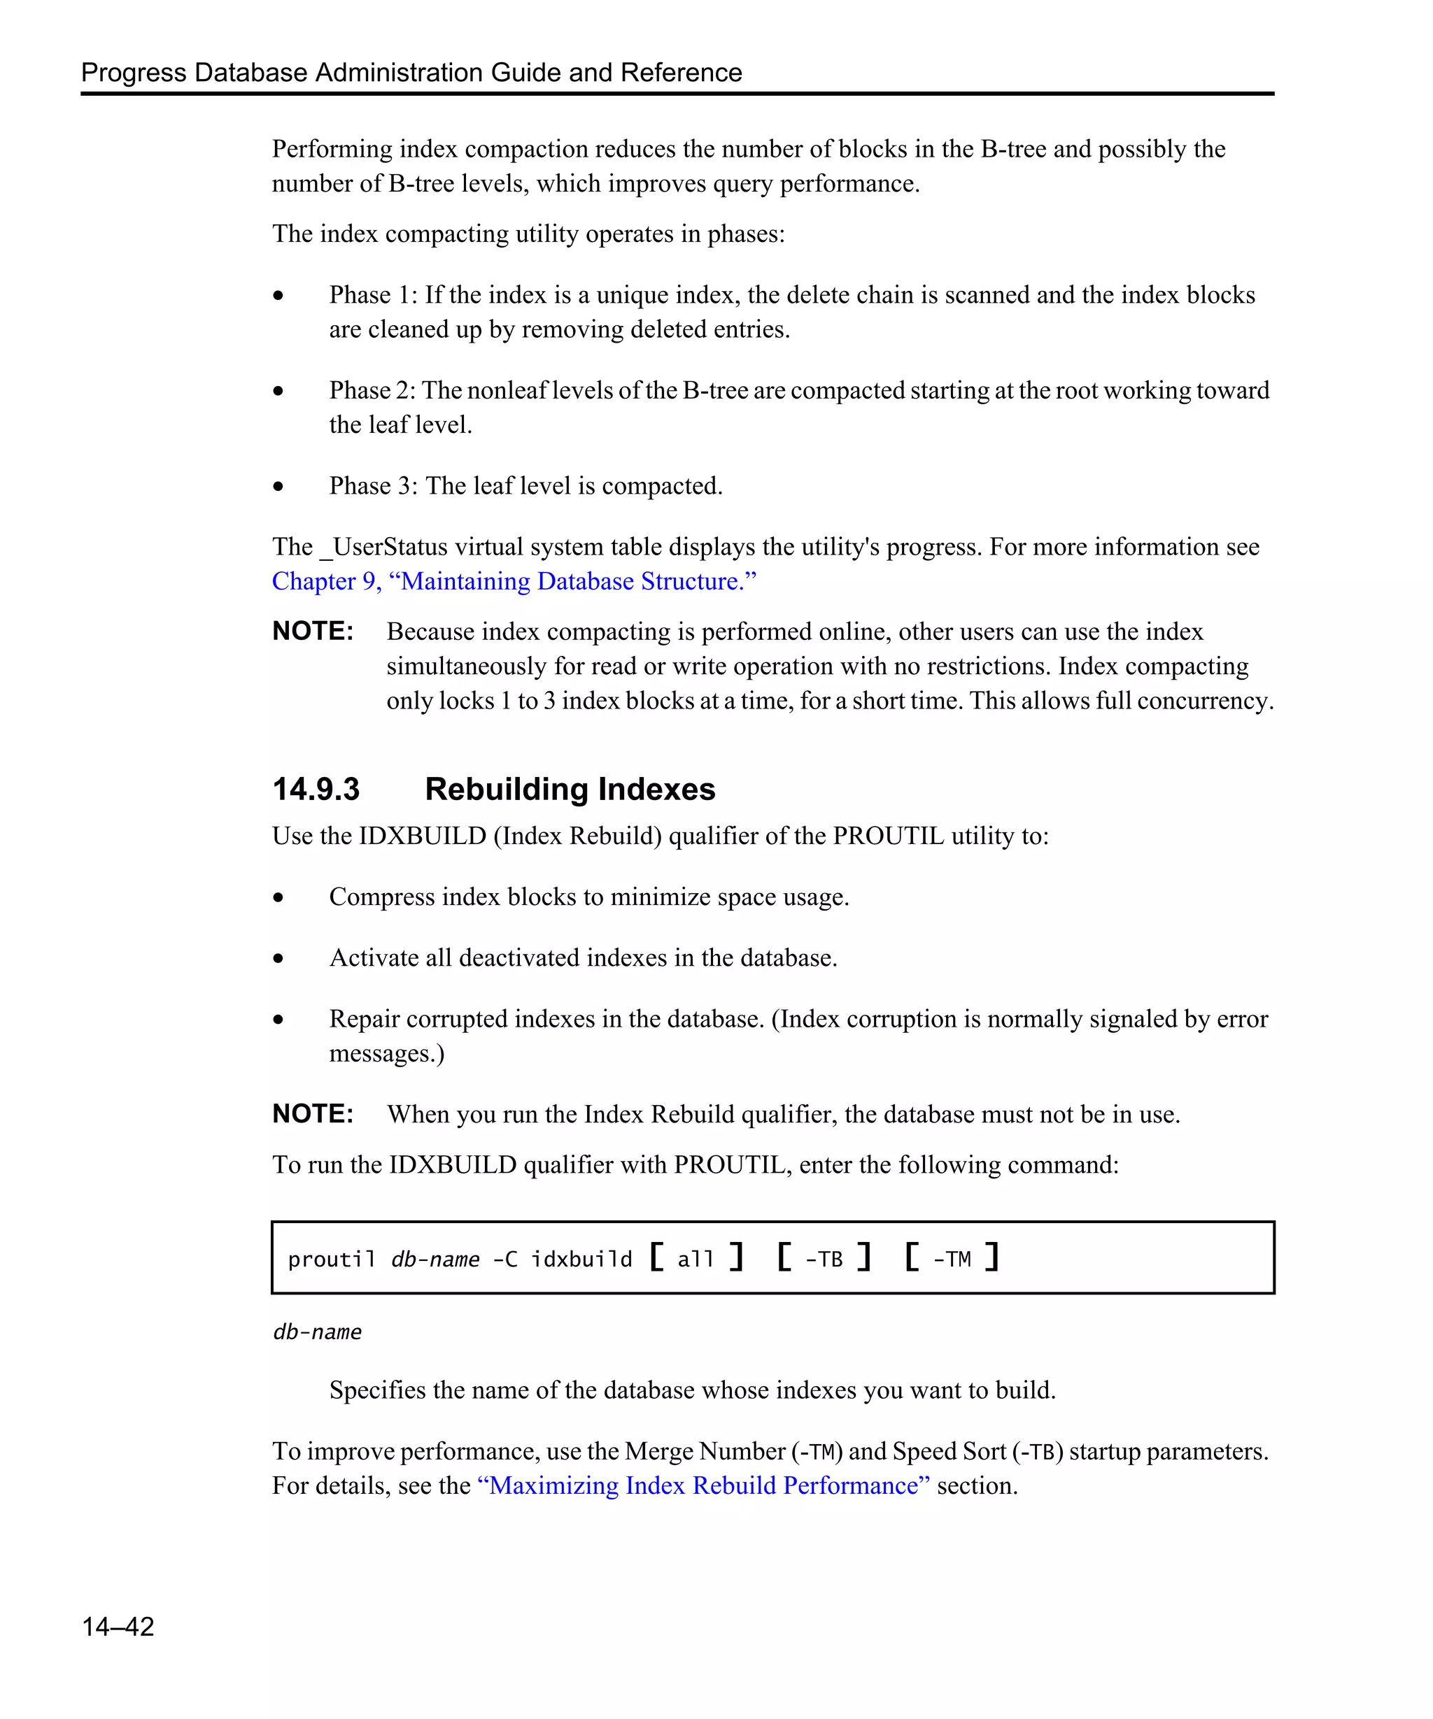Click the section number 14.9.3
pos(316,789)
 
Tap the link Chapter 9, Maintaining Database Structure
pos(514,581)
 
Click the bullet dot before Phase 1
pos(278,296)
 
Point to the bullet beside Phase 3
pos(278,486)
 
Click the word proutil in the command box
pos(331,1258)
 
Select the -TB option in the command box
pos(823,1258)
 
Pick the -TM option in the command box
pos(952,1258)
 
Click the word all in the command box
pos(696,1258)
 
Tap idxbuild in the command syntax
pos(581,1258)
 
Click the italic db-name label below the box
pos(317,1332)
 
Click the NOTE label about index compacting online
pos(312,631)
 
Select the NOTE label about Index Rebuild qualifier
pos(312,1114)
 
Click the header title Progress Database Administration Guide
pos(411,72)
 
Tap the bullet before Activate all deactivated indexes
pos(278,959)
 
